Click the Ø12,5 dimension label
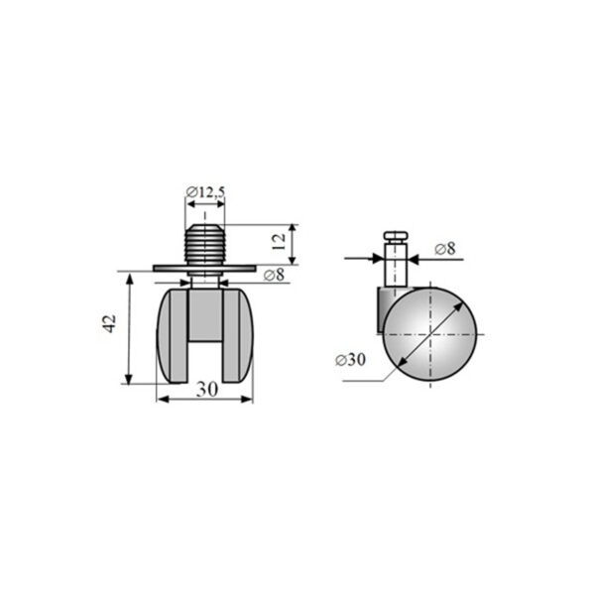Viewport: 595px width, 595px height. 205,192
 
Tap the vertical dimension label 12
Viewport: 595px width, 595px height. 279,241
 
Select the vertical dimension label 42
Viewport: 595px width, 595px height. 110,323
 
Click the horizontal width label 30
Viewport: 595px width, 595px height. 207,390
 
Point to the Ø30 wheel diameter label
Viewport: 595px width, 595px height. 350,359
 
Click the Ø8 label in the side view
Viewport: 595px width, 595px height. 445,249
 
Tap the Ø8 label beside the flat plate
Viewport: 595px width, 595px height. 274,275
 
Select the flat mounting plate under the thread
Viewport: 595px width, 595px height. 204,269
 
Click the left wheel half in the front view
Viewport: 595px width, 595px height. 172,336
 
